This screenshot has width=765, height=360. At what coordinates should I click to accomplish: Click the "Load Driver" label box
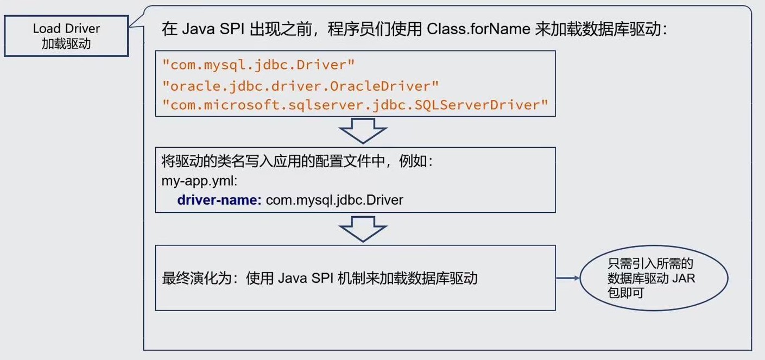66,36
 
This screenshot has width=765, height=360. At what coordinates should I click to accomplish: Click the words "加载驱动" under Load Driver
66,44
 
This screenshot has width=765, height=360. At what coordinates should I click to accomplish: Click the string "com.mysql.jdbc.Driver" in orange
258,65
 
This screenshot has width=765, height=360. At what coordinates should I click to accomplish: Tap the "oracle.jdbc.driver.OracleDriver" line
300,85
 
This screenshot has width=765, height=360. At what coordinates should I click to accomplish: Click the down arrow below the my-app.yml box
363,229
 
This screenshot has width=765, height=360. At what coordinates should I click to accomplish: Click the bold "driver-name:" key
219,200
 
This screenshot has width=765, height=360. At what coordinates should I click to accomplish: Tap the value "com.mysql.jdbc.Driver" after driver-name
334,200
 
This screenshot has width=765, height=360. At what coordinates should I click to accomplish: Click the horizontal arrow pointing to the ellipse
568,279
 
